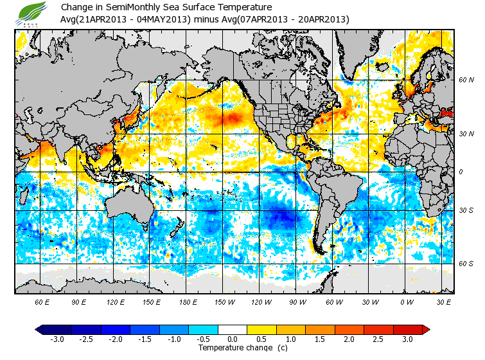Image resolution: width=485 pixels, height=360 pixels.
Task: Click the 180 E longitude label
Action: (188, 301)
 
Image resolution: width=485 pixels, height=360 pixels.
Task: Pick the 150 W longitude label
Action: (225, 301)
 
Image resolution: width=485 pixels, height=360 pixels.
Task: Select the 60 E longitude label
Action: (42, 301)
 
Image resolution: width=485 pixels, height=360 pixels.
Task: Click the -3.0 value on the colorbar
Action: (57, 339)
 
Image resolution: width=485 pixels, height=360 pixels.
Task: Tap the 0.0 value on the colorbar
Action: (233, 339)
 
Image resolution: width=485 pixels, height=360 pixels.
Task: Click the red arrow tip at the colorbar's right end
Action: (426, 329)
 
